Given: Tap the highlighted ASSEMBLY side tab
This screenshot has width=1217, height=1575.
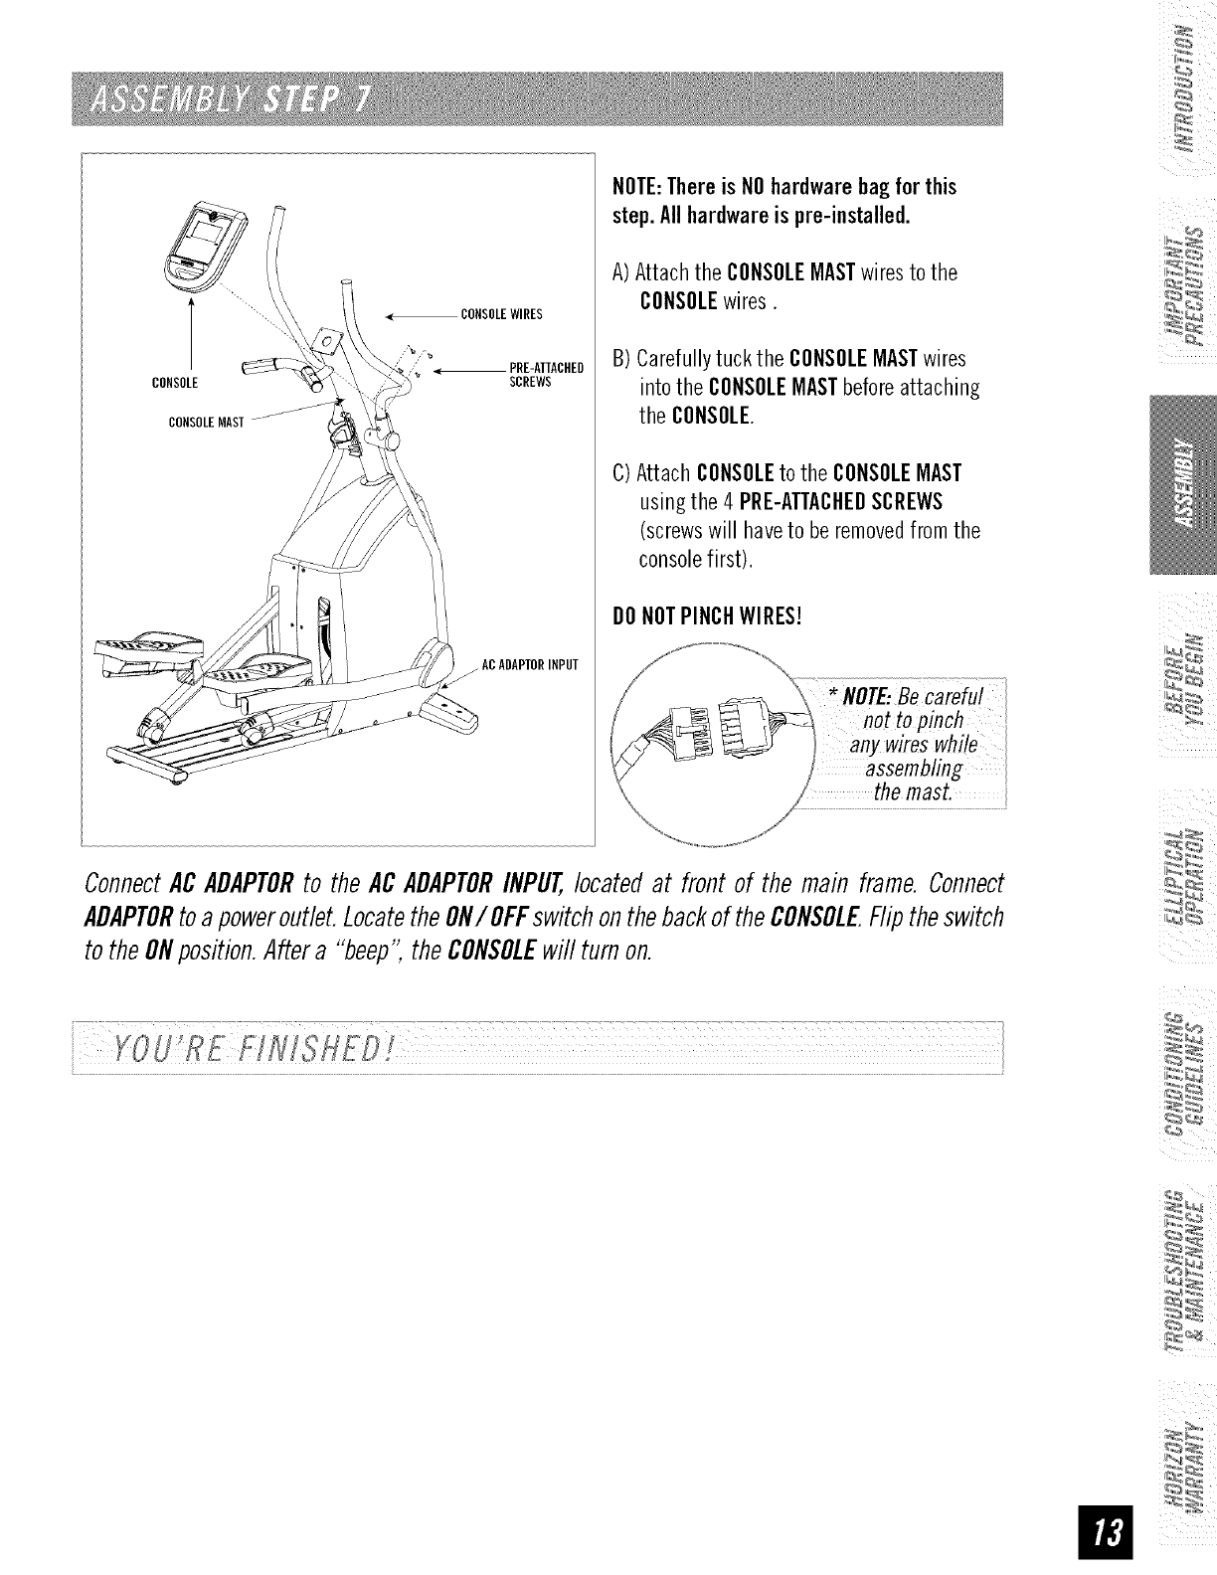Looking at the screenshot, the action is pyautogui.click(x=1182, y=484).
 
